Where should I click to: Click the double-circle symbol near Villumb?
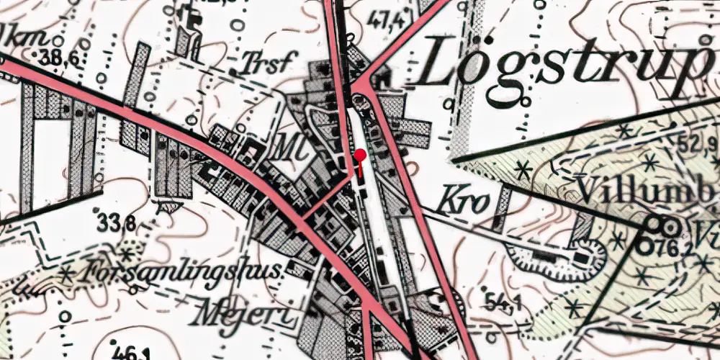pos(660,227)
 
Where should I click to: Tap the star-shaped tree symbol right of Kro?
pos(523,171)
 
